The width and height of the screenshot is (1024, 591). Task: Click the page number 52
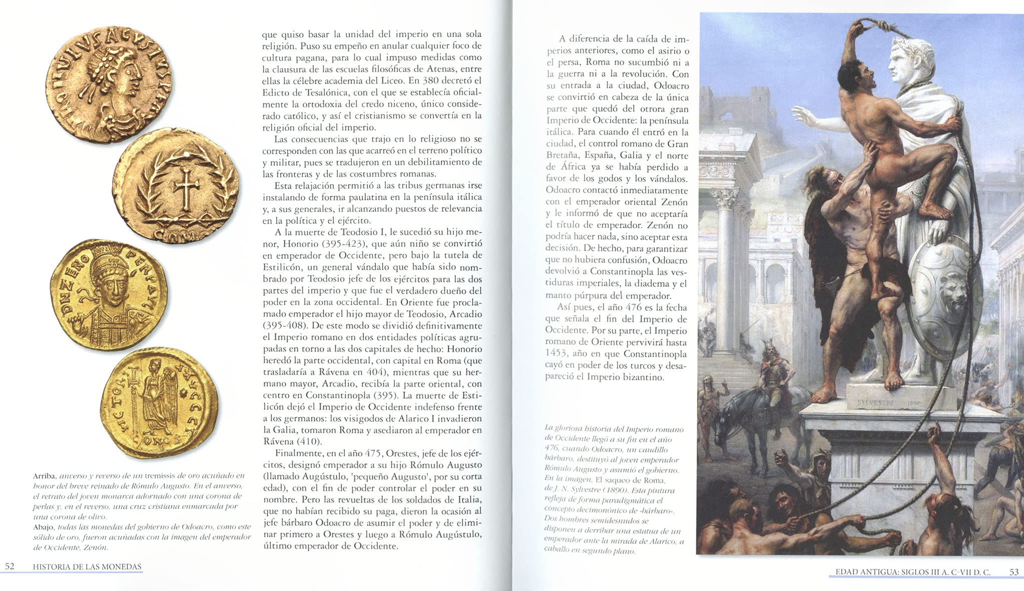click(x=10, y=566)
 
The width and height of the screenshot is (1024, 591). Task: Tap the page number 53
click(x=1013, y=572)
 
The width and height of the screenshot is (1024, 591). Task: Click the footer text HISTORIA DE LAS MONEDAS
click(x=87, y=566)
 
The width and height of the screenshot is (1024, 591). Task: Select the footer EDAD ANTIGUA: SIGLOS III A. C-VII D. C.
click(x=912, y=572)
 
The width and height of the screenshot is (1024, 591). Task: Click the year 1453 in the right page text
click(x=557, y=353)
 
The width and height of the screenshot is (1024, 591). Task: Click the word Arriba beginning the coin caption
click(x=44, y=475)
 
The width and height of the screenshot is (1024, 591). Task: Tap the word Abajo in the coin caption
click(x=44, y=527)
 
